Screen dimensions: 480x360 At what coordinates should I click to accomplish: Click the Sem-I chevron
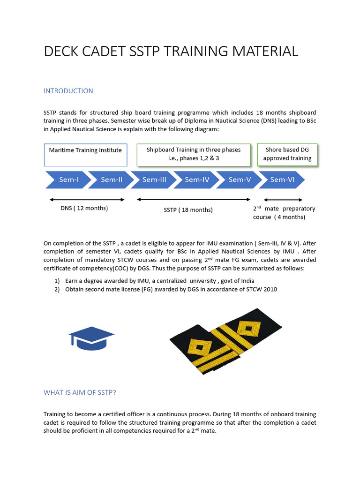[x=68, y=180]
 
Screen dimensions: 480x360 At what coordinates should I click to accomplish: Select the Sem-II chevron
[x=112, y=180]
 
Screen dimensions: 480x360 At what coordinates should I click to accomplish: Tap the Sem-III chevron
[x=154, y=180]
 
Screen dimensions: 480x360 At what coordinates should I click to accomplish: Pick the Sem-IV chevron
[x=197, y=180]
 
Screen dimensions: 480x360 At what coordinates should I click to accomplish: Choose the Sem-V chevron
[x=240, y=180]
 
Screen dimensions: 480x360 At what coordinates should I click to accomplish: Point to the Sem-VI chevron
[x=282, y=180]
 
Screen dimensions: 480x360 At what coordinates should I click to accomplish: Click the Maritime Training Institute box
[x=85, y=155]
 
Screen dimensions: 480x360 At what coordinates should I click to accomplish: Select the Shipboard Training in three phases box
[x=194, y=154]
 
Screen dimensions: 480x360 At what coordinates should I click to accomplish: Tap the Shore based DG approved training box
[x=287, y=154]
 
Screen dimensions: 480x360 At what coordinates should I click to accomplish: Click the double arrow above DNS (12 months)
[x=87, y=199]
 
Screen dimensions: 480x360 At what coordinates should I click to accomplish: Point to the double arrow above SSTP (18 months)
[x=194, y=199]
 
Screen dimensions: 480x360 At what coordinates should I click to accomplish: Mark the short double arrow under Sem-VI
[x=283, y=200]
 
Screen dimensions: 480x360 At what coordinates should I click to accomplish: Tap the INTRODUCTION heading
[x=68, y=91]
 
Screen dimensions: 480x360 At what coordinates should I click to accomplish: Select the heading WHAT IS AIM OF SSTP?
[x=80, y=392]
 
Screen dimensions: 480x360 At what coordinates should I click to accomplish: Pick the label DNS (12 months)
[x=84, y=208]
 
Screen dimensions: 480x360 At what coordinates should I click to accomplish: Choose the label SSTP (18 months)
[x=188, y=210]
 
